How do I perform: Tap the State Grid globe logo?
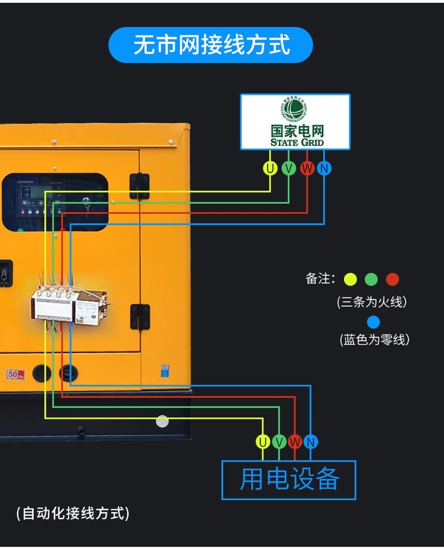pos(294,110)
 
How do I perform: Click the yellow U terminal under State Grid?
pos(271,169)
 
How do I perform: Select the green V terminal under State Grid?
pos(288,169)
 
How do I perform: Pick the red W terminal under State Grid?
pos(307,169)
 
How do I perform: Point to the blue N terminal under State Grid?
pos(324,169)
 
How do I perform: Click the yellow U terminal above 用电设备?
pos(263,442)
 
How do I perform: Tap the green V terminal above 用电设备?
pos(279,442)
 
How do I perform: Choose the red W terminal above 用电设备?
pos(295,442)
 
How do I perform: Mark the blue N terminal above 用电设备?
pos(311,442)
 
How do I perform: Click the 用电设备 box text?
pos(289,479)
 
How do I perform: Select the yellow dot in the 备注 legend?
pos(350,279)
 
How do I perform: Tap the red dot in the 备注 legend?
pos(392,279)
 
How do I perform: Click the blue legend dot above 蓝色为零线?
pos(374,322)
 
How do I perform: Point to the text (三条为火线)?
pos(372,302)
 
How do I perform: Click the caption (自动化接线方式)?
pos(73,513)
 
